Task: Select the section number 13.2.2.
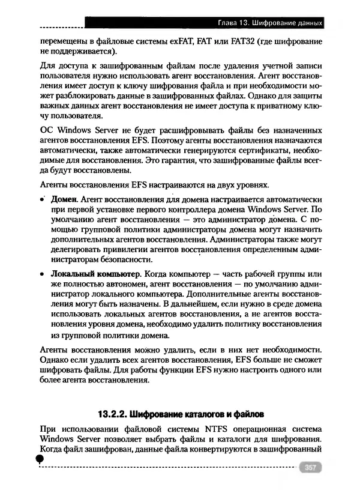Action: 114,415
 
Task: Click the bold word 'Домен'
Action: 64,199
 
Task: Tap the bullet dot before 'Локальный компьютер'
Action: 43,274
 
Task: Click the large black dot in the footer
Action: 39,459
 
